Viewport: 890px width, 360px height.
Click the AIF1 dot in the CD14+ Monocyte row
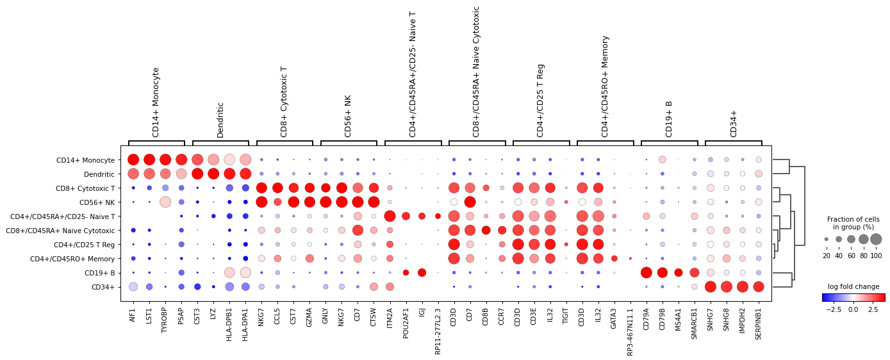133,160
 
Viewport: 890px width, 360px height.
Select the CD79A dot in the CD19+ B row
646,272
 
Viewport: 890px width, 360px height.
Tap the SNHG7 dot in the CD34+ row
710,286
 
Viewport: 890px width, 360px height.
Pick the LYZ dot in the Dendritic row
213,174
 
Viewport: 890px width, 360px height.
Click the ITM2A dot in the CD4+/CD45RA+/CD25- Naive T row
390,216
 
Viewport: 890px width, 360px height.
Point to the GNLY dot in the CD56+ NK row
326,202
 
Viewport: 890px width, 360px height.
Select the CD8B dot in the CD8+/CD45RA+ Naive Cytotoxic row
486,230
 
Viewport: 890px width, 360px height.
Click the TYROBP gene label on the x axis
165,322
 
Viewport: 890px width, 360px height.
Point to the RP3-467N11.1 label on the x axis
630,331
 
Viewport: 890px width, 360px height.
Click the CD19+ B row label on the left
99,273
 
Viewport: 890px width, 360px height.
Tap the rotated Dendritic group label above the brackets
220,119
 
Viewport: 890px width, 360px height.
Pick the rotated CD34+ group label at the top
734,123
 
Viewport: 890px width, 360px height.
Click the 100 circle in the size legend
876,239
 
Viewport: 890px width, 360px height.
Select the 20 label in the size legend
827,256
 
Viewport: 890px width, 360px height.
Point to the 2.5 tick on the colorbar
873,309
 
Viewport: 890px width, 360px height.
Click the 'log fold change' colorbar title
853,286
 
